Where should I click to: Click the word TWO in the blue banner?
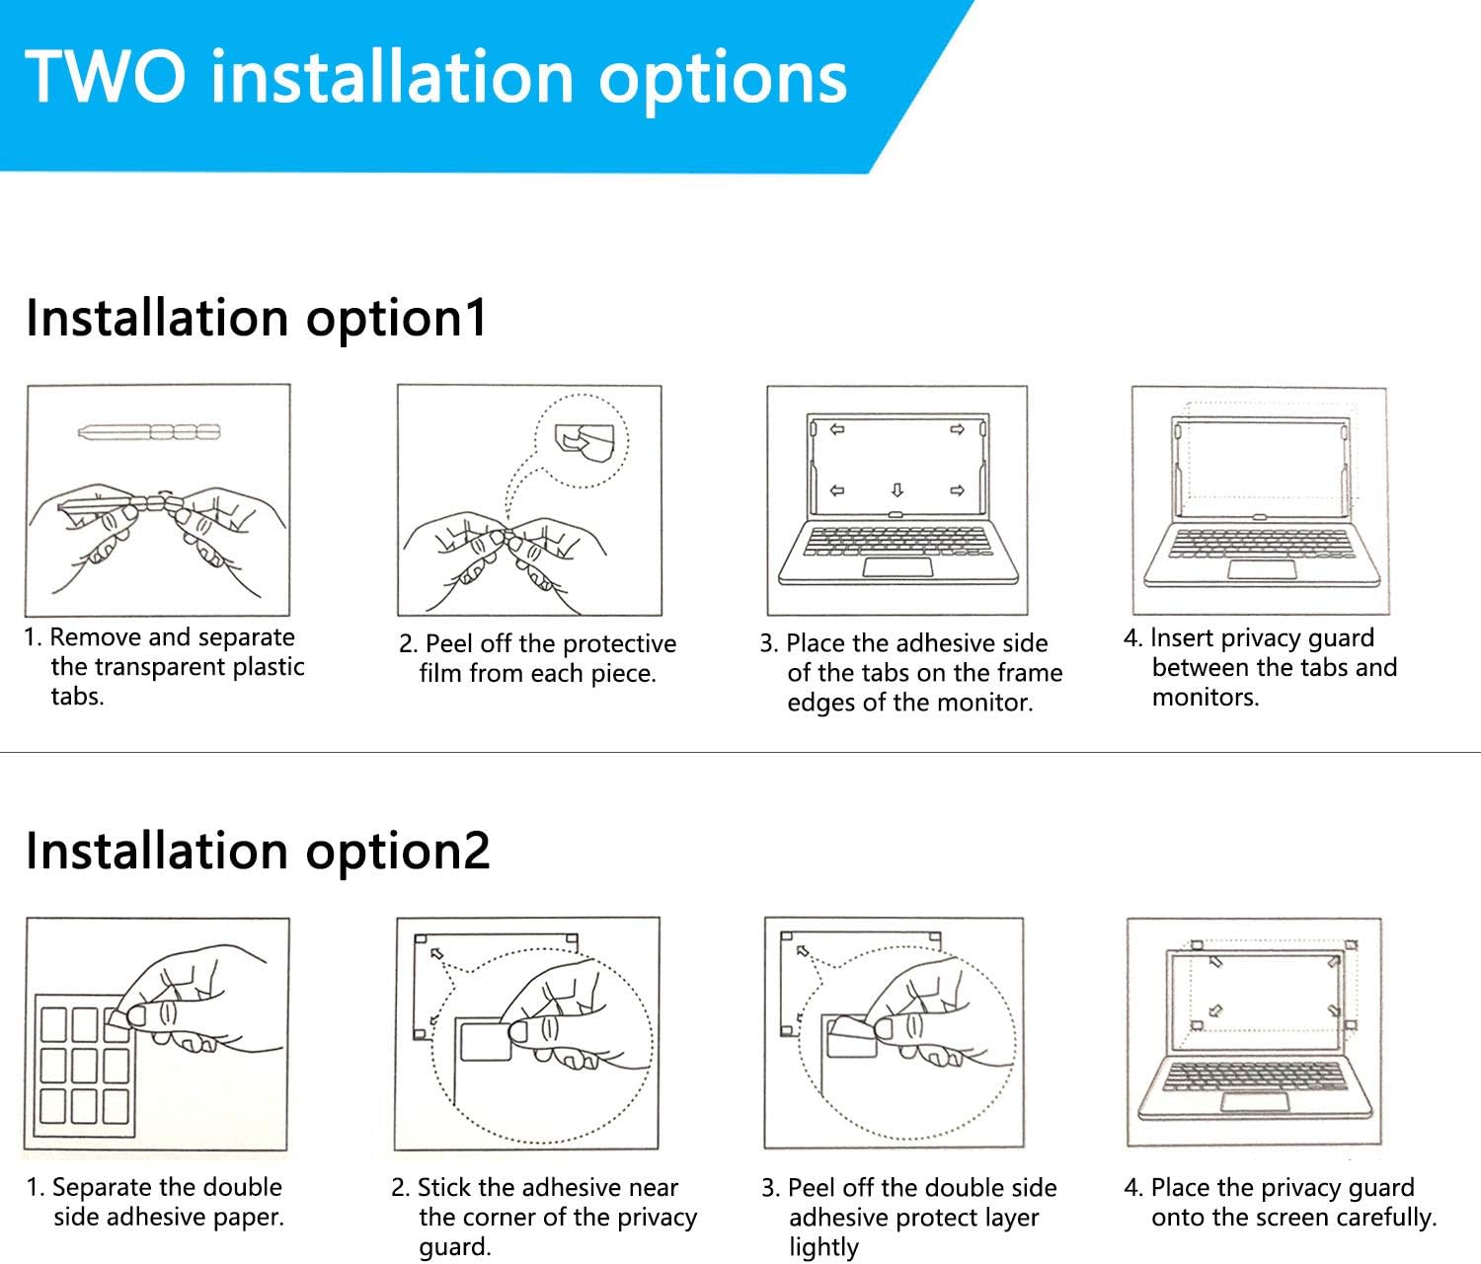[106, 77]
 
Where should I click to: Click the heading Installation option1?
[257, 318]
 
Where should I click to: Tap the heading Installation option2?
[258, 851]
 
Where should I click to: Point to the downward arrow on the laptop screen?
[897, 489]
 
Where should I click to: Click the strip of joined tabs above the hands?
[149, 432]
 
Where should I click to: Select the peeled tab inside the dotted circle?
[585, 443]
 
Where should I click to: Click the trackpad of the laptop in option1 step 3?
[897, 567]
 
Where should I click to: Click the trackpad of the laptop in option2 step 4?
[1255, 1102]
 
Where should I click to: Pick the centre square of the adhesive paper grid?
[85, 1065]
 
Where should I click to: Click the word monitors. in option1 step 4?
[1206, 697]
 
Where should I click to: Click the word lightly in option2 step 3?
[824, 1247]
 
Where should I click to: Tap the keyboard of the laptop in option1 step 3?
[897, 541]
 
